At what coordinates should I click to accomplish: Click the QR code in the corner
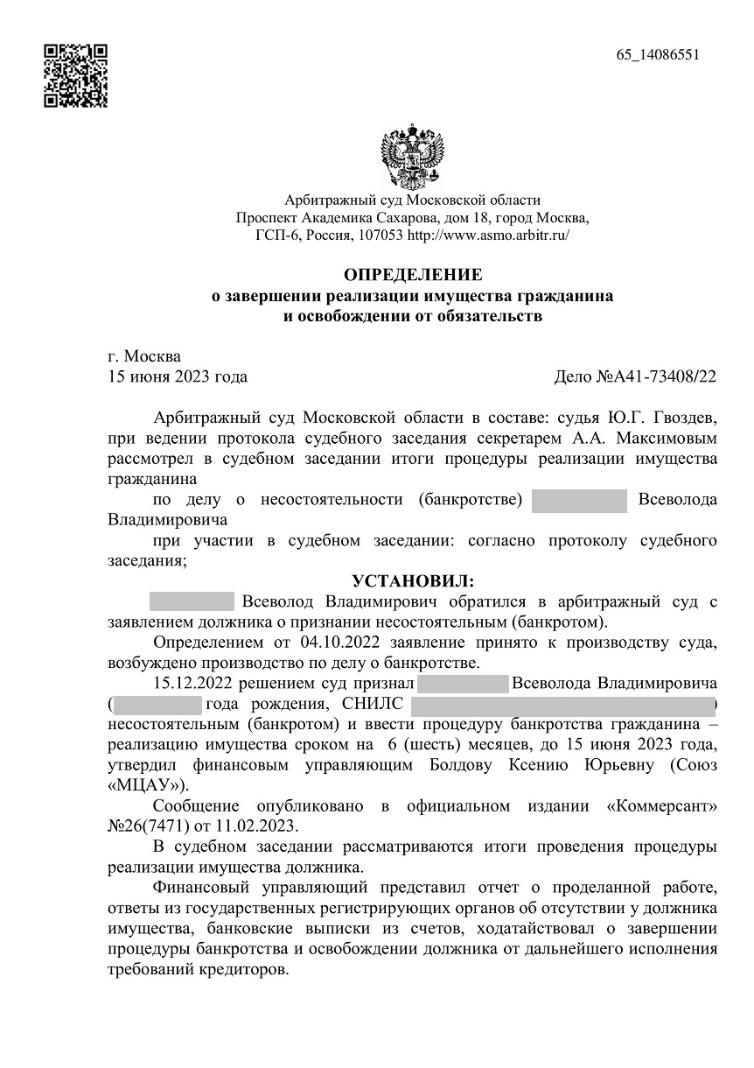click(75, 75)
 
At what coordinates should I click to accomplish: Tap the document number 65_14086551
click(658, 55)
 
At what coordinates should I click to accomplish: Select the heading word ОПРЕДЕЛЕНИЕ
click(413, 275)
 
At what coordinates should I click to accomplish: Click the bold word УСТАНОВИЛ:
click(413, 582)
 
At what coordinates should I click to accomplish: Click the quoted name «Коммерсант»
click(661, 805)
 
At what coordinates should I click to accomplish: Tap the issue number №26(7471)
click(157, 826)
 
